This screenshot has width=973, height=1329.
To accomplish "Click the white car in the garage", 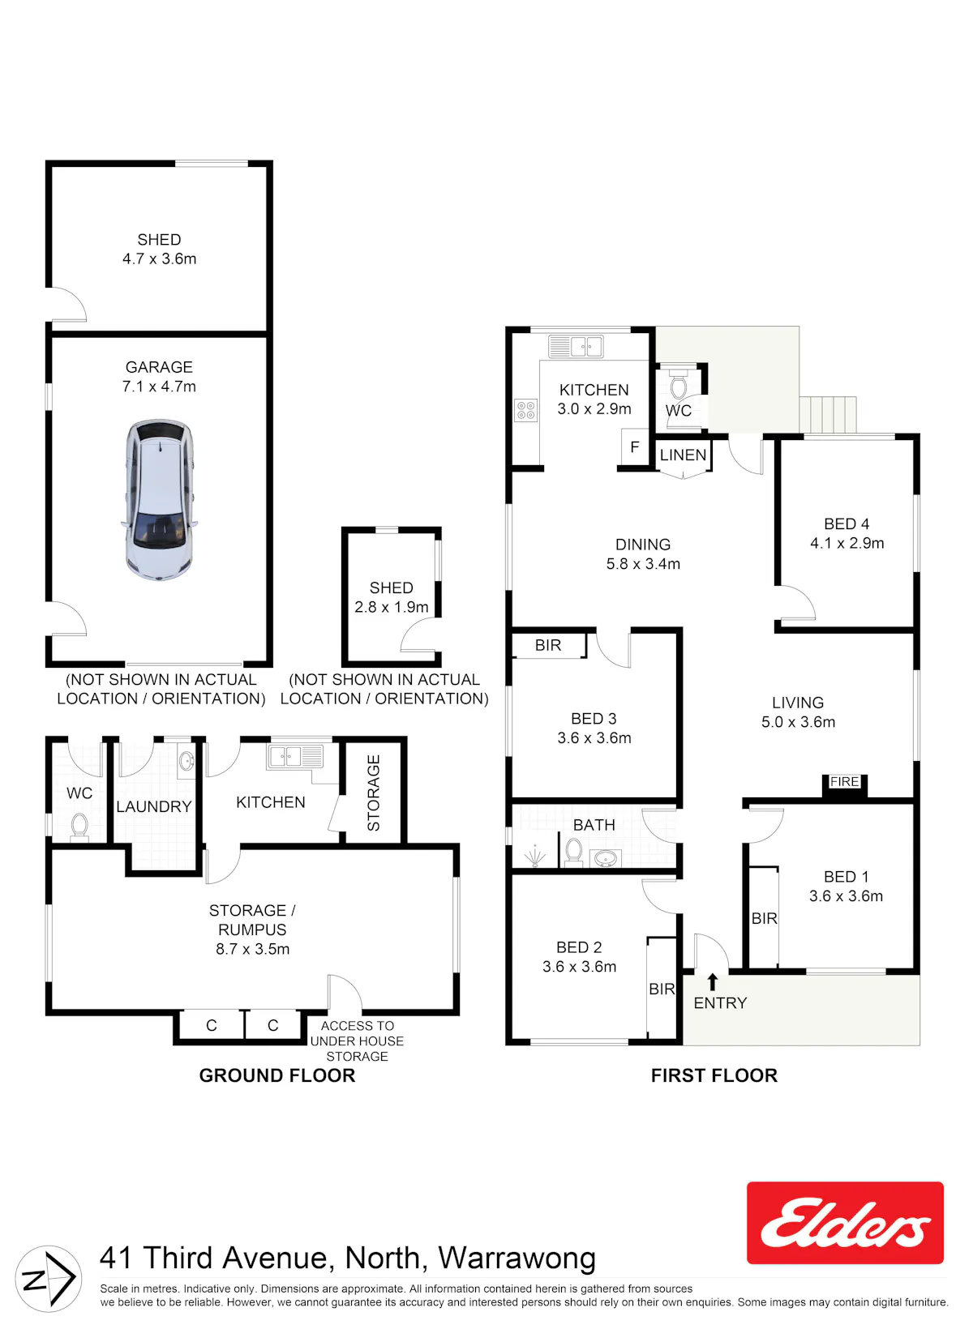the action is (159, 499).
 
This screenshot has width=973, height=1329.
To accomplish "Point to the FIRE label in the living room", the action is (844, 782).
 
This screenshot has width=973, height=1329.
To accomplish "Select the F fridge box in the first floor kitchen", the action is (635, 447).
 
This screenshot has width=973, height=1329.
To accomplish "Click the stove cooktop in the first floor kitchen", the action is (526, 410).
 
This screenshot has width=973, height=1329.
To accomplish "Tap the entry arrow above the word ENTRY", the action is (713, 982).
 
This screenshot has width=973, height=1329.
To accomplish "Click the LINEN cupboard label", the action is (684, 455).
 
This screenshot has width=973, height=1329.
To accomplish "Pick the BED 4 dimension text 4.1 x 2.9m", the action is (847, 543).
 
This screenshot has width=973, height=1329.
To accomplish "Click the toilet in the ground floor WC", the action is (79, 827).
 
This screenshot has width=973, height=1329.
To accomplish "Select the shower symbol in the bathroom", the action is (534, 857).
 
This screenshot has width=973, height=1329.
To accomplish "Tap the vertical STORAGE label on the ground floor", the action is (374, 793).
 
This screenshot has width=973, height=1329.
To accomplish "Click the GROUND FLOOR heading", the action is (277, 1075).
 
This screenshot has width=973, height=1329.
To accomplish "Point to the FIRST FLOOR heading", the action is (714, 1075).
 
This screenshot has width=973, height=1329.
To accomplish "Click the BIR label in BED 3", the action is (548, 645).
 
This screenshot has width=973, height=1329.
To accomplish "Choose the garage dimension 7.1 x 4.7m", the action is (159, 387).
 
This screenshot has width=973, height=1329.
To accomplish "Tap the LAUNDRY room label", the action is (154, 806).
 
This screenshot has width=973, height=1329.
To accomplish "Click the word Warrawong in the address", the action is (517, 1258).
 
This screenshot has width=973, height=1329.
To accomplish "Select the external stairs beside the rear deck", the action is (828, 414).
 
